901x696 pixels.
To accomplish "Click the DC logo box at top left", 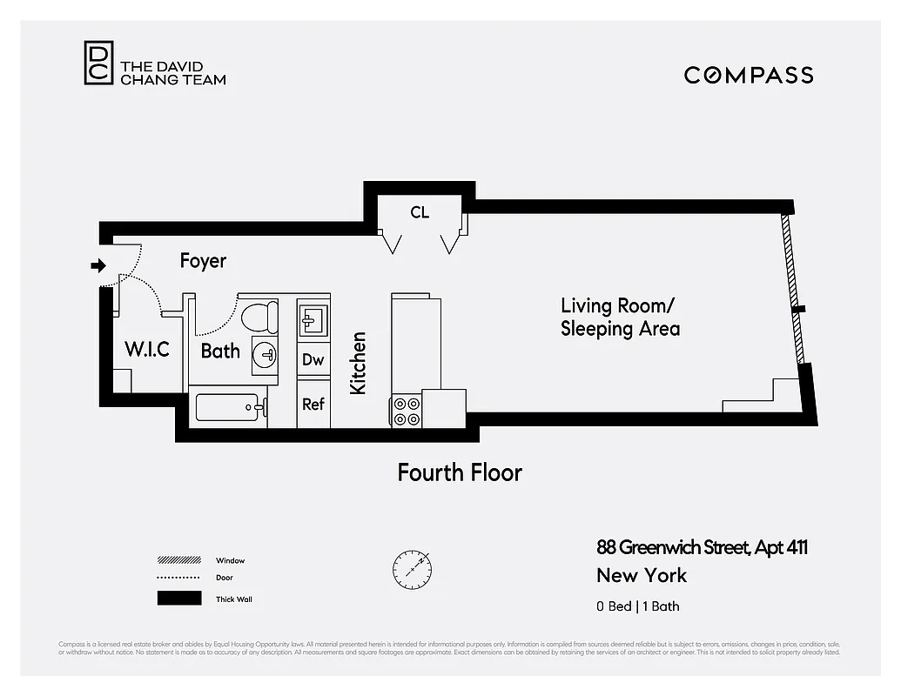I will coord(98,64).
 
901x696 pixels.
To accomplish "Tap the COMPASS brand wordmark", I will coord(749,75).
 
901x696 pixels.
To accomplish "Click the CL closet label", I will coord(420,212).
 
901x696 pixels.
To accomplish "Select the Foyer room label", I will coord(203,261).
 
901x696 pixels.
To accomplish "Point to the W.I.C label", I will coord(146,351).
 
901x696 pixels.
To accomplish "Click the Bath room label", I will coord(220,351).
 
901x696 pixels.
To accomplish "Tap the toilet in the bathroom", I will coord(259,317).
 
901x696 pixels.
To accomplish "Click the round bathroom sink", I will coord(266,354).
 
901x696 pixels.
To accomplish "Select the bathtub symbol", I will coord(227,406).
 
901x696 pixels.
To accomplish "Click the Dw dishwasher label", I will coord(313,359).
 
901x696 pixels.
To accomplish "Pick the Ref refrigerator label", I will coord(313,405).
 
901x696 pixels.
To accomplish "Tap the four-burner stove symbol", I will coord(407,411).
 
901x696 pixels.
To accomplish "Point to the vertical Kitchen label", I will coord(358,363).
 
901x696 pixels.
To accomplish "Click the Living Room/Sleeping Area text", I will coord(620,318).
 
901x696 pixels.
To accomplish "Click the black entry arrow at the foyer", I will coord(98,265).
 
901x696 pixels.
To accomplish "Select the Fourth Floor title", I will coord(460,472).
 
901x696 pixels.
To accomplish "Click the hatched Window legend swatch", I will coord(178,560).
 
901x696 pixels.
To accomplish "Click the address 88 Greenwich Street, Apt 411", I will coord(702,547).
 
